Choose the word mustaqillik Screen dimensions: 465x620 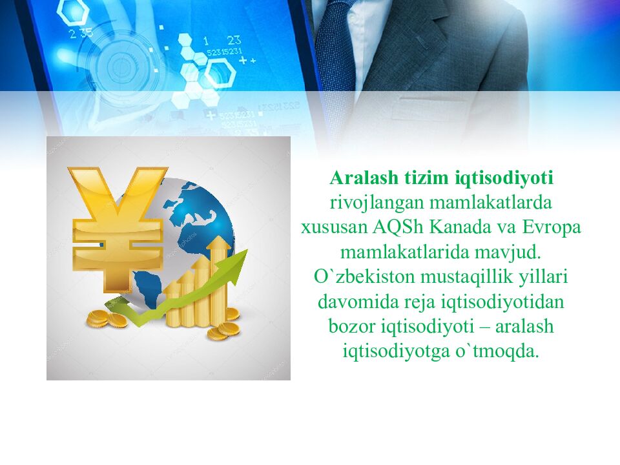(461, 276)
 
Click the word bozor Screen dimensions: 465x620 (349, 327)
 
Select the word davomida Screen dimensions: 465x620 (353, 302)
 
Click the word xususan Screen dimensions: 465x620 (334, 228)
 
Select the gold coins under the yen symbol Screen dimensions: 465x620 (107, 318)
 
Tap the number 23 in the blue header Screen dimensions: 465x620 (233, 39)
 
